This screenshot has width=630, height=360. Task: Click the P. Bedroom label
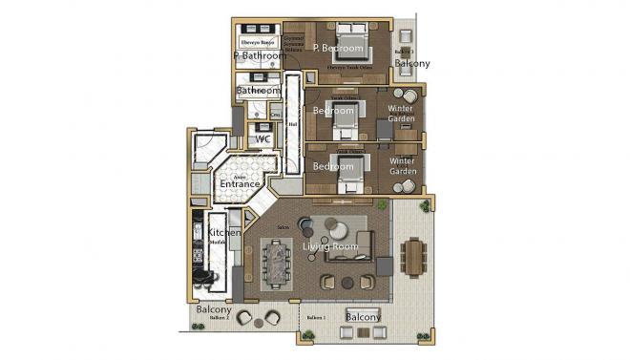click(x=339, y=48)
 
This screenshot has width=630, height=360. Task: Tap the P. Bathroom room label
click(x=260, y=56)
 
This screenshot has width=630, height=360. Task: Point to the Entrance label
click(x=241, y=183)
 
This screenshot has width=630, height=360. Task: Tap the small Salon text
click(x=283, y=227)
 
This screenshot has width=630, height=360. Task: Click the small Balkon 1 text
click(x=316, y=317)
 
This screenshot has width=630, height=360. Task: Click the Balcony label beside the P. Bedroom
click(x=412, y=64)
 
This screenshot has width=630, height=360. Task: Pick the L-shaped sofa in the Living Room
click(x=351, y=246)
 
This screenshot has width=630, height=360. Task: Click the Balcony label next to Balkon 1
click(x=363, y=316)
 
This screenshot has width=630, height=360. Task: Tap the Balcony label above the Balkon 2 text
click(x=214, y=310)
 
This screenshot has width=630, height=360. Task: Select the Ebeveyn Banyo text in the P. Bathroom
click(x=257, y=42)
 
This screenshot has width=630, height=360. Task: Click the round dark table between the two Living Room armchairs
click(x=346, y=282)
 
